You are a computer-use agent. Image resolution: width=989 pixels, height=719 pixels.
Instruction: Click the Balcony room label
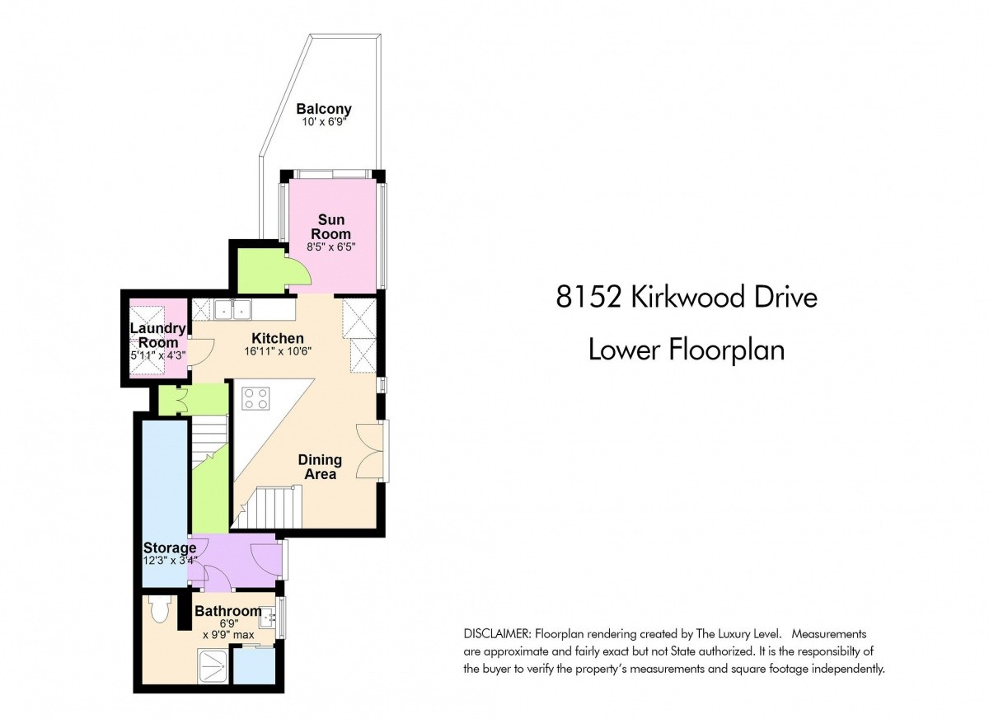click(x=324, y=109)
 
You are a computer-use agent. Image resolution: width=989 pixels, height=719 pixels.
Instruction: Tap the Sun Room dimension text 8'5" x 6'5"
click(x=331, y=247)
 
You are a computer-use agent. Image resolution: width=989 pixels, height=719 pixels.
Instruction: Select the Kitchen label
click(x=277, y=338)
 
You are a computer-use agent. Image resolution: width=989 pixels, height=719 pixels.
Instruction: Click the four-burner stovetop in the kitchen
click(x=255, y=398)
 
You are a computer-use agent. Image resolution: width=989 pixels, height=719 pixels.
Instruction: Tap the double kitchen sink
click(x=232, y=308)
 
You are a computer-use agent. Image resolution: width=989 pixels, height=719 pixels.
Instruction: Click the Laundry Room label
click(x=158, y=336)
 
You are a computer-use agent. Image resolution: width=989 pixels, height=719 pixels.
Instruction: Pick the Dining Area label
click(x=320, y=467)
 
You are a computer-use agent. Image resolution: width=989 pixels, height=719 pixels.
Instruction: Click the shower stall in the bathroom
click(x=214, y=665)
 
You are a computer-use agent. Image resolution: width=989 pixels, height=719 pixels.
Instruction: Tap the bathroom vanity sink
click(x=268, y=618)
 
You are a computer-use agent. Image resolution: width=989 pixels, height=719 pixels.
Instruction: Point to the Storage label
click(x=170, y=547)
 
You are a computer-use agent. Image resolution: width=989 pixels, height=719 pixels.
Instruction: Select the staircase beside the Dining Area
click(x=267, y=507)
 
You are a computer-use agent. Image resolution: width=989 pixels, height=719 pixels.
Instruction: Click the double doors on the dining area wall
click(x=369, y=451)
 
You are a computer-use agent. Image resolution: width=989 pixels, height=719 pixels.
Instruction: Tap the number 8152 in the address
click(x=588, y=296)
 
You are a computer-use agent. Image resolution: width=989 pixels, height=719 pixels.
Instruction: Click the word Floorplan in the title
click(x=727, y=350)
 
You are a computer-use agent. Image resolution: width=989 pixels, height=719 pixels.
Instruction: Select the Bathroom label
click(x=227, y=611)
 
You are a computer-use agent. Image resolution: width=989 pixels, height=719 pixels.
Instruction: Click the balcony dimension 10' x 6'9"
click(x=323, y=122)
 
